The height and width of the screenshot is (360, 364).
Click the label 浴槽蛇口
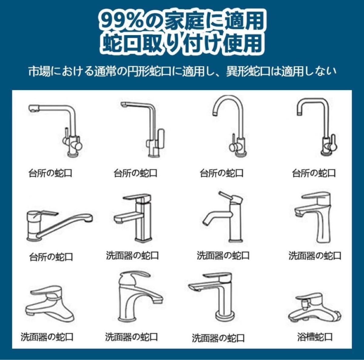tap(315, 336)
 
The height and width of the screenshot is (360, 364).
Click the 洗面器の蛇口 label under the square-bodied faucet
tap(132, 256)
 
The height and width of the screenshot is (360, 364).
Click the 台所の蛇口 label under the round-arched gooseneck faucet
tap(221, 173)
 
